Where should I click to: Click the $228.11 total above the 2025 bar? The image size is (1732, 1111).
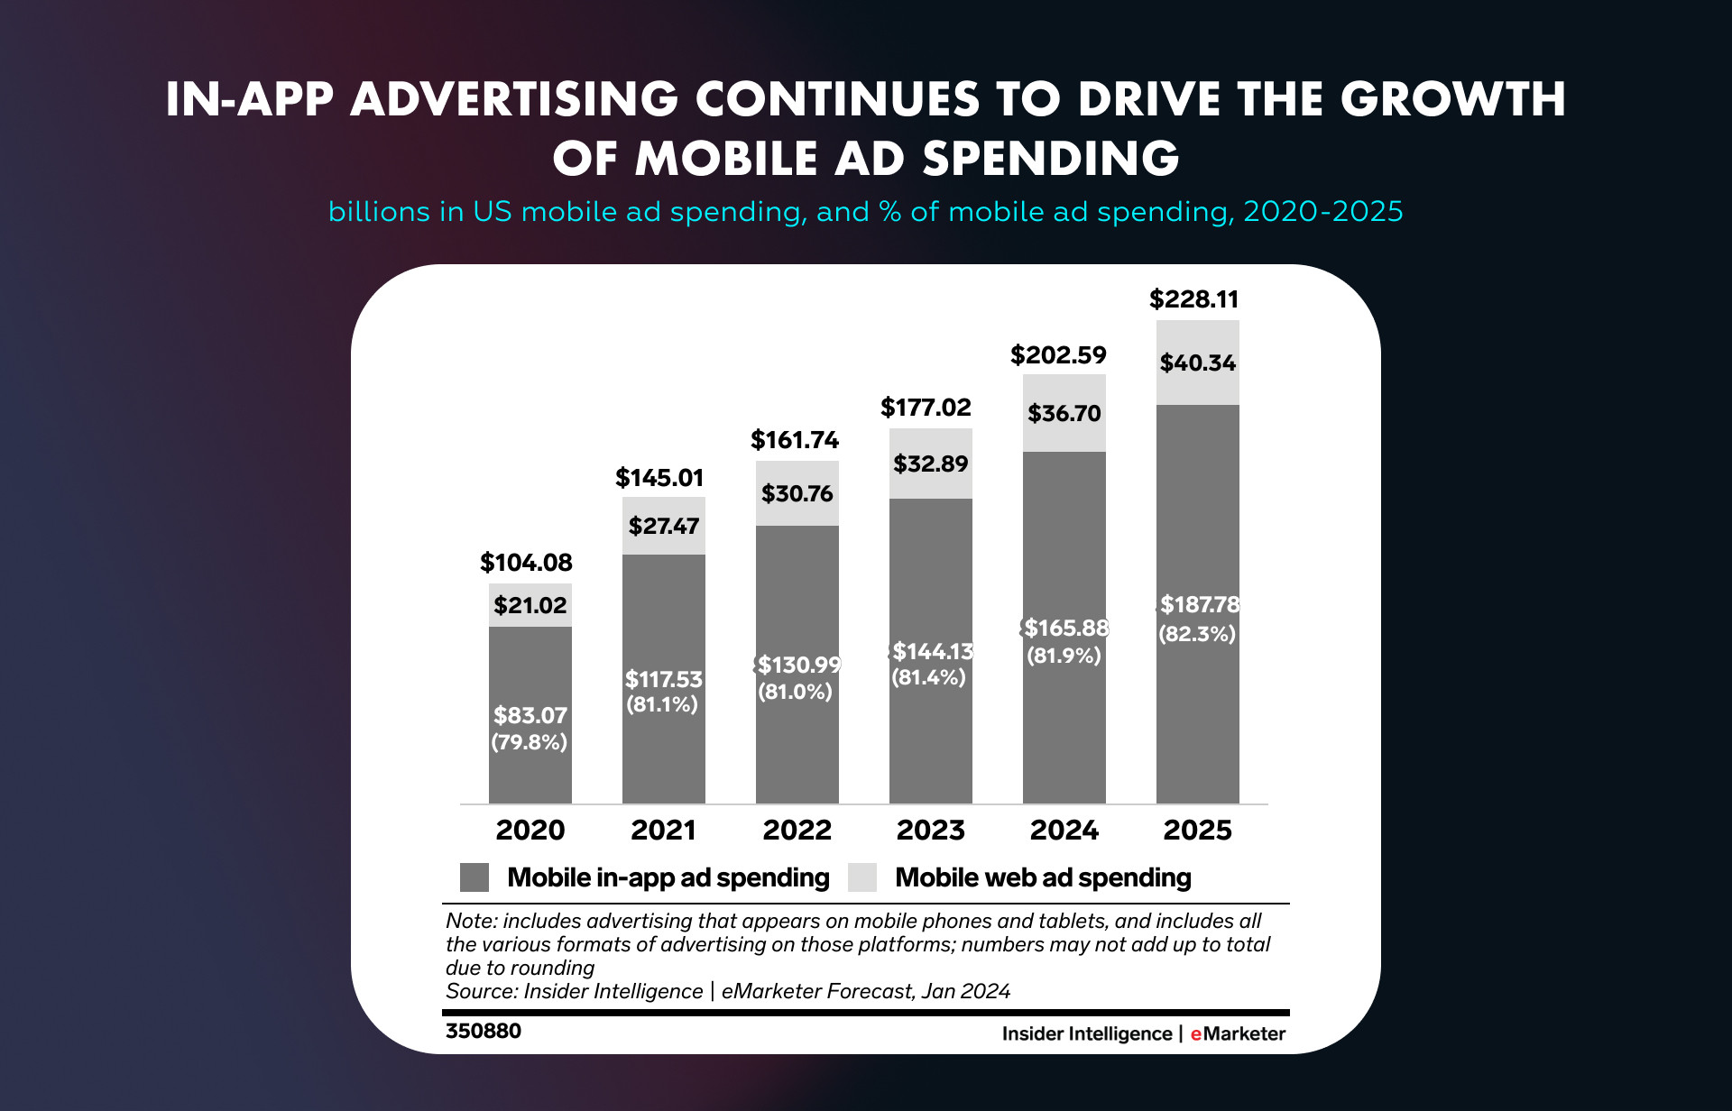tap(1193, 299)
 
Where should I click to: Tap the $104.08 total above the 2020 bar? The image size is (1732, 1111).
tap(526, 563)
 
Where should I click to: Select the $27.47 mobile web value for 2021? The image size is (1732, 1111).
tap(664, 526)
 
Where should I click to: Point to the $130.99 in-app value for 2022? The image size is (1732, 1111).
tap(798, 665)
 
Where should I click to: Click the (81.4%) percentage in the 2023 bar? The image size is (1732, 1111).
tap(928, 677)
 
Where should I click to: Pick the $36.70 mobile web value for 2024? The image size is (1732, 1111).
tap(1064, 413)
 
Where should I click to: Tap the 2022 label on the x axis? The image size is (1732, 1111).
tap(797, 830)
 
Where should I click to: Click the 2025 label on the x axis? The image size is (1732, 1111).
tap(1197, 830)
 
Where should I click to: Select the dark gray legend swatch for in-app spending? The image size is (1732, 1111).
tap(474, 877)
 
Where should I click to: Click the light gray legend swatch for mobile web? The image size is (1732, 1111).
tap(862, 877)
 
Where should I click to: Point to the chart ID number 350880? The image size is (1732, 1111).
tap(484, 1031)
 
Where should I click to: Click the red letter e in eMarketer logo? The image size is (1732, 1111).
tap(1196, 1034)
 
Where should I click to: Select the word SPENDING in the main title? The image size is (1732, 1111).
tap(1051, 159)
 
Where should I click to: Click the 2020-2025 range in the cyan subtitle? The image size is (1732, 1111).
tap(1322, 212)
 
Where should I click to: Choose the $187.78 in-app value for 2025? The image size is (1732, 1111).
tap(1199, 604)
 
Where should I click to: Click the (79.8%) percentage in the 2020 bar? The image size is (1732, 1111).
tap(530, 742)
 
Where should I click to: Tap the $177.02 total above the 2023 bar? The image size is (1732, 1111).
tap(926, 408)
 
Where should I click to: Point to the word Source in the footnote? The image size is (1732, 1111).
tap(481, 991)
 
